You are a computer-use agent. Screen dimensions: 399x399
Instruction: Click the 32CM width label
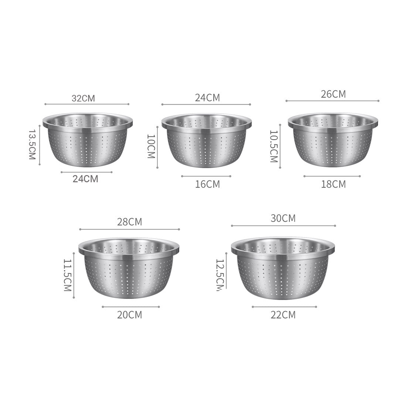[83, 98]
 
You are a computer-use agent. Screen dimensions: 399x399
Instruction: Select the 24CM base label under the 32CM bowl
[85, 179]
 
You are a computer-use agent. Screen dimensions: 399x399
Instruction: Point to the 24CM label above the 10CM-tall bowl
[207, 98]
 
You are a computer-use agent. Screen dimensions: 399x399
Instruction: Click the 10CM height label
[151, 146]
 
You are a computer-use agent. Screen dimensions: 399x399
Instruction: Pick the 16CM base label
[207, 184]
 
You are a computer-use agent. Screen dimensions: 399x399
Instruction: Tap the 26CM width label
[333, 94]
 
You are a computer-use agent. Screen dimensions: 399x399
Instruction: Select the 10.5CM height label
[273, 146]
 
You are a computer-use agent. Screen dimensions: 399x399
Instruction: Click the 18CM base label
[333, 184]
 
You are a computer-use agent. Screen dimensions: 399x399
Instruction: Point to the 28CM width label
[129, 222]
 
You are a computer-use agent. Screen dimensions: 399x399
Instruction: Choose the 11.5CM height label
[67, 275]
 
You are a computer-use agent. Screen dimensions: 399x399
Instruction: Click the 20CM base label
[129, 315]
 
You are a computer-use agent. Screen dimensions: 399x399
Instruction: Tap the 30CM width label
[283, 218]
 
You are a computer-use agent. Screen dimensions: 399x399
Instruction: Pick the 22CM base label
[283, 315]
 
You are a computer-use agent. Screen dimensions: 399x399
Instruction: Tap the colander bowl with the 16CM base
[206, 140]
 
